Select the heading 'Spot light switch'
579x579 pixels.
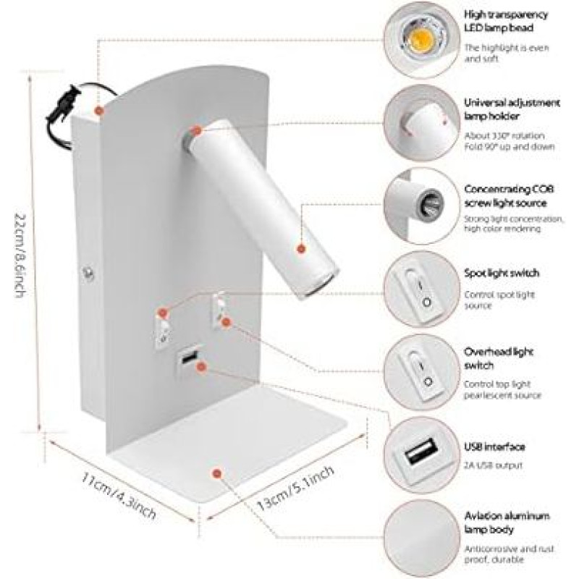[x=502, y=274]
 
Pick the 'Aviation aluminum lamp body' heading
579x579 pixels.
[x=507, y=523]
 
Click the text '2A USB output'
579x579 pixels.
[x=494, y=465]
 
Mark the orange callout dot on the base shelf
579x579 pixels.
[x=216, y=473]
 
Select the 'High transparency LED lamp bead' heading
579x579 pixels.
[x=509, y=20]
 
